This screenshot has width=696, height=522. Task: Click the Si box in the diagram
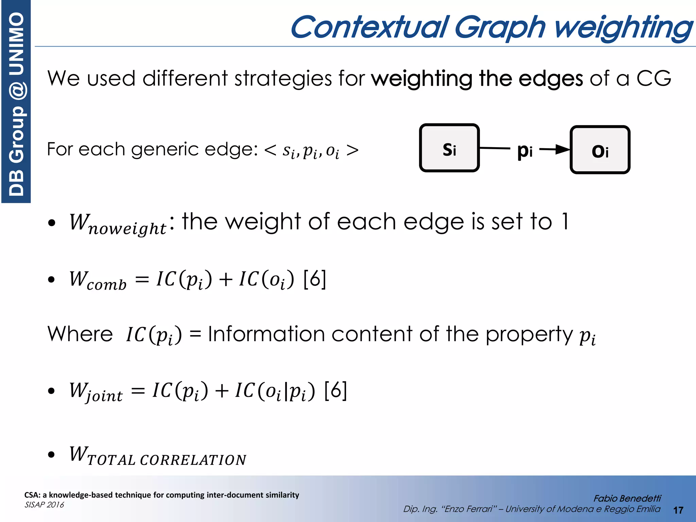(449, 148)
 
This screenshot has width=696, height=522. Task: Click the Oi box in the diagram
(600, 150)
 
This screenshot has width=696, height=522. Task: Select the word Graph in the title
(500, 28)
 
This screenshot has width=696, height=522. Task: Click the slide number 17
(678, 510)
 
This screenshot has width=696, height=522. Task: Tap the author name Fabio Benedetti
(627, 498)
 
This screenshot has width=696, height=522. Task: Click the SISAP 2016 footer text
(44, 505)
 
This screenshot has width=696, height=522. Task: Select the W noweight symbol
(118, 224)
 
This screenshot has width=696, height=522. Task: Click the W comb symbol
(98, 280)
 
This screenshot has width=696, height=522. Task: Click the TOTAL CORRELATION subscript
(167, 460)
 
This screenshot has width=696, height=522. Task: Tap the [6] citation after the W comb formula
(315, 279)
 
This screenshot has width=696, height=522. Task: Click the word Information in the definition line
(267, 334)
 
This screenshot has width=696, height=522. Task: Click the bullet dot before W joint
(51, 391)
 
